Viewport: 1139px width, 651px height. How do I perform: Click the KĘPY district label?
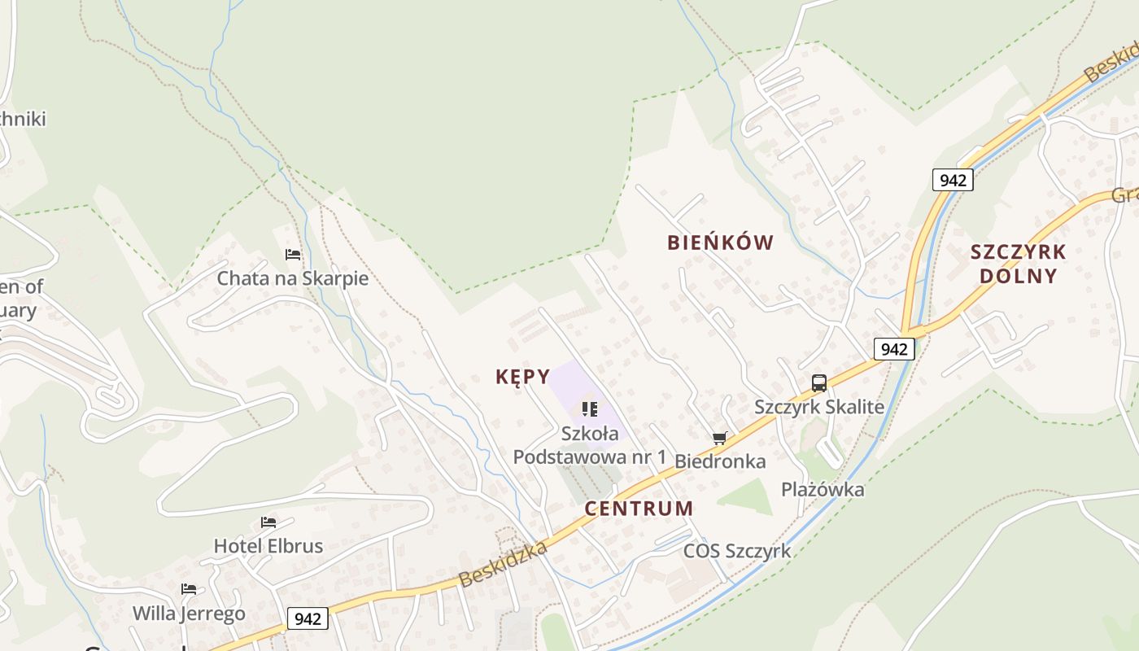(523, 377)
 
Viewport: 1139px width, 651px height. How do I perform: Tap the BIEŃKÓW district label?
(720, 242)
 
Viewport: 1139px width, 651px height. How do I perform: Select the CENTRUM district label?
(639, 509)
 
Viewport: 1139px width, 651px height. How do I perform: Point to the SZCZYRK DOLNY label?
(1018, 264)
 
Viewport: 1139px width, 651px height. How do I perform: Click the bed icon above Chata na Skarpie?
(293, 255)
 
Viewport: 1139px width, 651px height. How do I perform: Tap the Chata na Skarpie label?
(292, 278)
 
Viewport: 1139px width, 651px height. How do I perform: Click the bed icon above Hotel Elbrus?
(268, 522)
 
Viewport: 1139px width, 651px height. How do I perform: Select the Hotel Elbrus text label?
(268, 546)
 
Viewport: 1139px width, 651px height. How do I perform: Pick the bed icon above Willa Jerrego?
(189, 588)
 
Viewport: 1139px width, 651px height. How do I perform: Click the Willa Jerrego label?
(189, 613)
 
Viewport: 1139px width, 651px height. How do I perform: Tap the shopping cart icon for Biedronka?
(719, 439)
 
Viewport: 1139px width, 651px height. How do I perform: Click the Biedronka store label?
(720, 461)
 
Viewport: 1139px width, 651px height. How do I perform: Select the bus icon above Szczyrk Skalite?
(818, 382)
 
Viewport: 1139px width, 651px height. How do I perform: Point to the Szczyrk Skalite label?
(818, 406)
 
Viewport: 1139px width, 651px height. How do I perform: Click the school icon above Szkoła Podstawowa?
(590, 409)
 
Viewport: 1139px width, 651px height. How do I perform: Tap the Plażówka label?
(823, 489)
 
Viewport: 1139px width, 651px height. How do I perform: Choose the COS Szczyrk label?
(736, 551)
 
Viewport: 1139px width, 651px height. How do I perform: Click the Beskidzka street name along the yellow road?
(502, 564)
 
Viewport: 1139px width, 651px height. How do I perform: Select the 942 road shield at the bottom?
(308, 618)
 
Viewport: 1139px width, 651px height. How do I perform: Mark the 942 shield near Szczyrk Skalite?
(894, 349)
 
